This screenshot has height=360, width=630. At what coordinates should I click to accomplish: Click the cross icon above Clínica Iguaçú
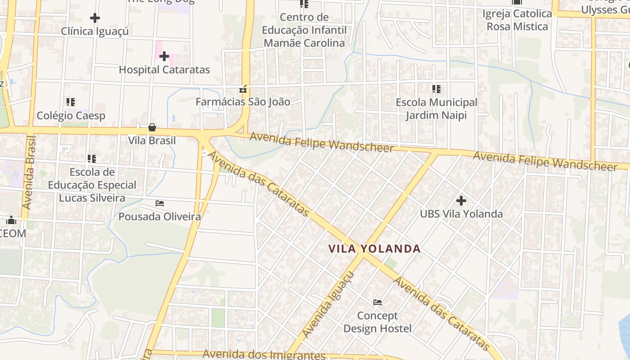point(94,18)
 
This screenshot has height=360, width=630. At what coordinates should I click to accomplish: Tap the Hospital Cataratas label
point(164,70)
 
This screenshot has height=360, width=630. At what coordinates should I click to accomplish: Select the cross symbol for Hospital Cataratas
point(164,56)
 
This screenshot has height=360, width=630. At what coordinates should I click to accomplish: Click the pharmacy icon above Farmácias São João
point(243,89)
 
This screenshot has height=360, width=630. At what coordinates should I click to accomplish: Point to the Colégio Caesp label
point(71,116)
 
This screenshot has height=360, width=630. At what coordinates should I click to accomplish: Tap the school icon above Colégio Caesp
point(70,102)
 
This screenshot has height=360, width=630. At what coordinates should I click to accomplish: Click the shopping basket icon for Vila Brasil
point(152,127)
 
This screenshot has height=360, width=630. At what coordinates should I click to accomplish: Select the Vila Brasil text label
point(152,140)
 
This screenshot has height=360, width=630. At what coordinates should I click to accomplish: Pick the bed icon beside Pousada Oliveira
point(160,203)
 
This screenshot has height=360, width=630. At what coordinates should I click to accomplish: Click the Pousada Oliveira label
point(160,216)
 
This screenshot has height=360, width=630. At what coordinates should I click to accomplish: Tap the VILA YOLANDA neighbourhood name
point(374,249)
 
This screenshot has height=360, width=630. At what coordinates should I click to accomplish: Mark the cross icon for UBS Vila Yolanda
point(461,201)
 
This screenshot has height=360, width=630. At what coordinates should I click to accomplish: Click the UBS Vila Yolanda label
point(461,214)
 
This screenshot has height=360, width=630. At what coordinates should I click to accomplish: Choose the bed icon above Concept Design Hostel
point(378,302)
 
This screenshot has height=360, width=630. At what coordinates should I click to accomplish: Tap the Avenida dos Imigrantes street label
point(264,355)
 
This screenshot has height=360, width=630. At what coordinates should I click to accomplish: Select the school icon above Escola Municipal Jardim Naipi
point(436,89)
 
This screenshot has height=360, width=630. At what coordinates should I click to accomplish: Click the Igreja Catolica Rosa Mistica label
point(517,20)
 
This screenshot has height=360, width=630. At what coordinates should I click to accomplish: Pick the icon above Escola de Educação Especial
point(92,158)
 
